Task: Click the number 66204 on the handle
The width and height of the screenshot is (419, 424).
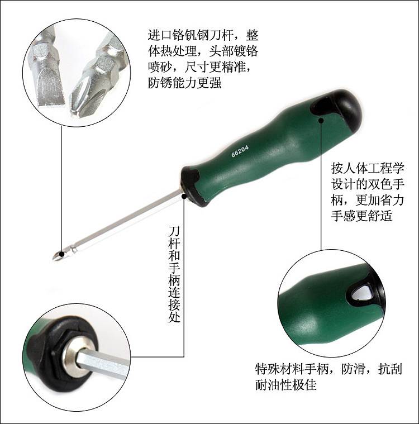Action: pos(240,151)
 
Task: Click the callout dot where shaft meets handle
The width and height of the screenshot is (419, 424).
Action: pos(184,196)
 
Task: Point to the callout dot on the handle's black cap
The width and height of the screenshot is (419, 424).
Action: pos(321,120)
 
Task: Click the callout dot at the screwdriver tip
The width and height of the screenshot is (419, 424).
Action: pos(62,254)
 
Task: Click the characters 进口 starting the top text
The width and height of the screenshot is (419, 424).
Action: pos(160,35)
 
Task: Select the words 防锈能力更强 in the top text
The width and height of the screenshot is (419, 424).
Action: pos(185,83)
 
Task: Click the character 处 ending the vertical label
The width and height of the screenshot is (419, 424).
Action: pos(174,316)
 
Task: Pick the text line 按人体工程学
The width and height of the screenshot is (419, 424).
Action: pos(368,168)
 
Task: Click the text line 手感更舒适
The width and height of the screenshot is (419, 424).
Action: pos(361,216)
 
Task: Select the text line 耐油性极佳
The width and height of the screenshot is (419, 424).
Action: pos(285,384)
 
